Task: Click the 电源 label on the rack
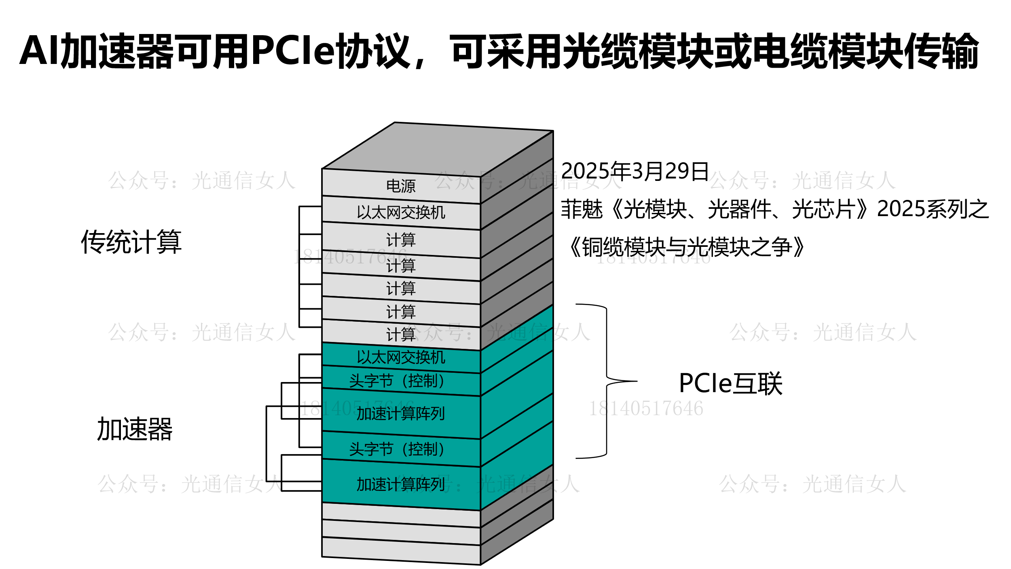(400, 186)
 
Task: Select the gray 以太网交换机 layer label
(400, 212)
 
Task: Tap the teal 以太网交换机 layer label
(400, 357)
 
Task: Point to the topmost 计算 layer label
(400, 240)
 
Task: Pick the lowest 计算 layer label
(400, 335)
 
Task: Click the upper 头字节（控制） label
(397, 381)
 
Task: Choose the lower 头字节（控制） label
(397, 449)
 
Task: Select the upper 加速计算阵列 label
(400, 414)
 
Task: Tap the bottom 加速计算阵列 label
(400, 484)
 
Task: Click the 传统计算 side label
(131, 242)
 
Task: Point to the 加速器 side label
(135, 429)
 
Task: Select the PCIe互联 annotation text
(730, 383)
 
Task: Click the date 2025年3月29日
(635, 171)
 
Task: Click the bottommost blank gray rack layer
(400, 551)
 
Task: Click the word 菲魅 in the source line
(582, 209)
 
